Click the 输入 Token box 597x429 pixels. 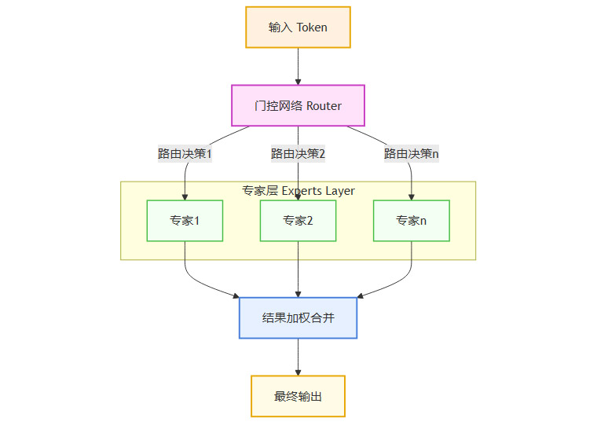pos(298,27)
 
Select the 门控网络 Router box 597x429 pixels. pos(298,105)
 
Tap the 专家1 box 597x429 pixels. pos(185,221)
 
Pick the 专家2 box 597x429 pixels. pos(298,221)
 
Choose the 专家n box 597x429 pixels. pos(411,221)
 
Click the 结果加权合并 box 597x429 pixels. pos(298,318)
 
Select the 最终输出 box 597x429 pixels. pos(298,396)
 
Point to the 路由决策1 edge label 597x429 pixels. pos(185,153)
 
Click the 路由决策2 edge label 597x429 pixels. pos(298,153)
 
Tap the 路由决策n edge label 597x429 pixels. pos(411,153)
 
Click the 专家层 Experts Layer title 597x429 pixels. pos(298,191)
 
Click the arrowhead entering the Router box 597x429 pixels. pos(298,81)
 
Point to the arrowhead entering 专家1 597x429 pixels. pos(185,196)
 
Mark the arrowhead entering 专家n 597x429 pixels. pos(411,196)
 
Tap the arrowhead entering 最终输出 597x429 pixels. pos(298,372)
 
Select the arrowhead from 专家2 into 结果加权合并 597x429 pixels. pos(298,294)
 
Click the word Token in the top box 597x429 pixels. pos(312,27)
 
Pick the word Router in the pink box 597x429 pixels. pos(324,105)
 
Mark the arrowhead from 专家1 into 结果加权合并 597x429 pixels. pos(236,295)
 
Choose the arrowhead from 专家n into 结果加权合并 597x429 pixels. pos(360,295)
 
